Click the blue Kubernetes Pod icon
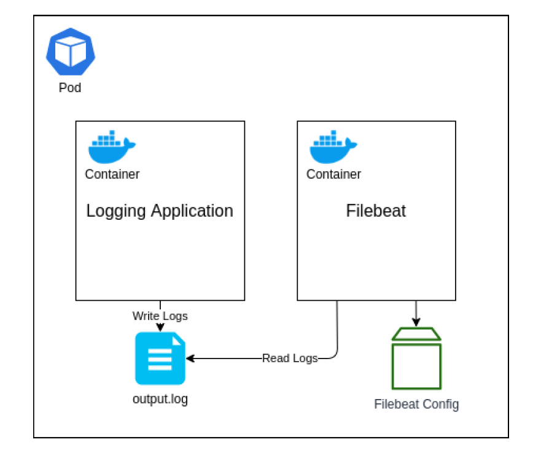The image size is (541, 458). pos(71,52)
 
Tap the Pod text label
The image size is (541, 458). pos(70,88)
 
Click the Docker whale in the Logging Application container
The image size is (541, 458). pos(112,147)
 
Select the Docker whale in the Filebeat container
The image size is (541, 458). pos(333,147)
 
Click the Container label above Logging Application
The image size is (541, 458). pos(112,174)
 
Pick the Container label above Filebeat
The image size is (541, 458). pos(333,174)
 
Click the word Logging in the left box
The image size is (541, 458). pos(116,211)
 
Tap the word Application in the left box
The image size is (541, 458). pos(192,211)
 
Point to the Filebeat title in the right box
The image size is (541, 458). pos(376,211)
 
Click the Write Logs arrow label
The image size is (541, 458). pos(160,316)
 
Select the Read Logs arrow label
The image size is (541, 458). pos(290,359)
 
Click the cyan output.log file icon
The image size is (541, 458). pos(160,359)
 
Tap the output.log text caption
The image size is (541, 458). pos(160,399)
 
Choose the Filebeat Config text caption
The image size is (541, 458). pos(416,404)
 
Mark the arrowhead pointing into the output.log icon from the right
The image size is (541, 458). pos(190,359)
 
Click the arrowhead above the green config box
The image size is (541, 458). pos(416,322)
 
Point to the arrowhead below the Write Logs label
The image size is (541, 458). pos(160,327)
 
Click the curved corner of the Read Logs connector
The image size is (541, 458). pos(335,355)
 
